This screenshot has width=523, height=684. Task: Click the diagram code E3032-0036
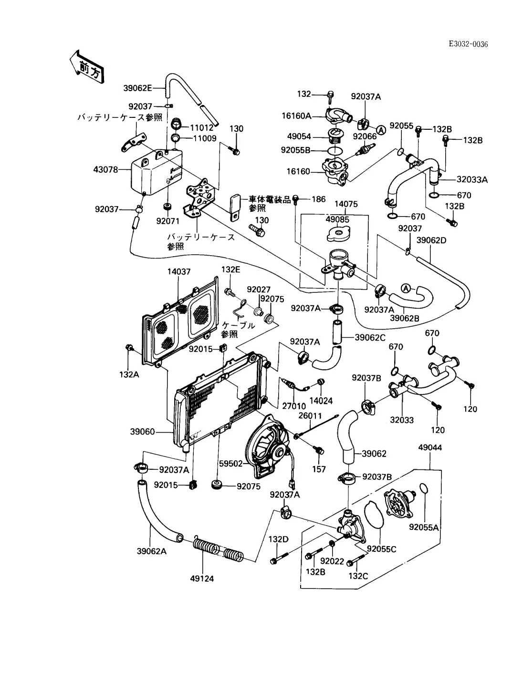click(x=468, y=44)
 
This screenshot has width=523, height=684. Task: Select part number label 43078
click(x=106, y=169)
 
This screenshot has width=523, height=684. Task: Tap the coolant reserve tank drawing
click(x=154, y=174)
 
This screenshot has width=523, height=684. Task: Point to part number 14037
click(x=179, y=272)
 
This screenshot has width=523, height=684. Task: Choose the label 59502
click(x=231, y=463)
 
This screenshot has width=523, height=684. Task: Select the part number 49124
click(x=202, y=579)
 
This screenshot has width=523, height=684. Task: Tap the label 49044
click(x=429, y=447)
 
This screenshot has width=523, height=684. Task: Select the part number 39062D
click(x=431, y=240)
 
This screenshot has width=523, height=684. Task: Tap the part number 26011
click(x=310, y=415)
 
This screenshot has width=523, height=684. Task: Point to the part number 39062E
click(x=137, y=88)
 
